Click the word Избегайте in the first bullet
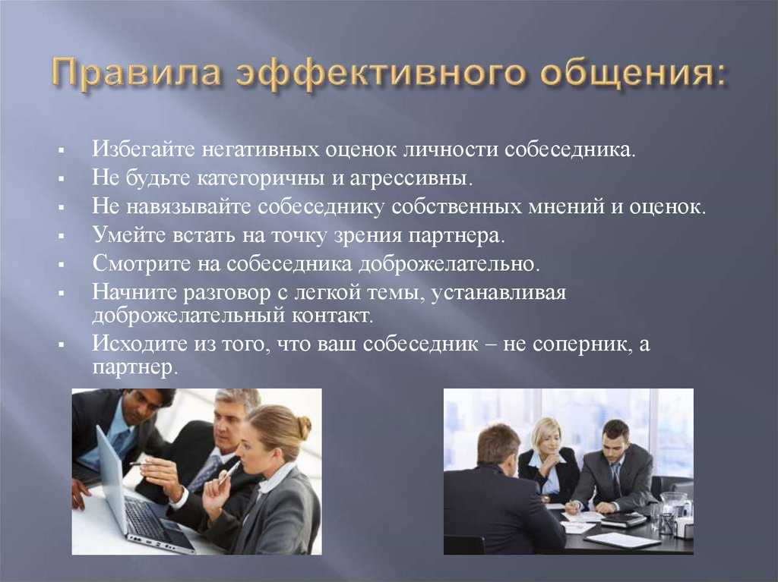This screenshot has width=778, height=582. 144,149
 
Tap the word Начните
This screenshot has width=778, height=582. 133,292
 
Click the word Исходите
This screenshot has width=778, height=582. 140,344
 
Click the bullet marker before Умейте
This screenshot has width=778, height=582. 61,237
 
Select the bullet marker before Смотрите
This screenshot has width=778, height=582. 61,265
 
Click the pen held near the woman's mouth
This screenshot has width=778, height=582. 229,473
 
